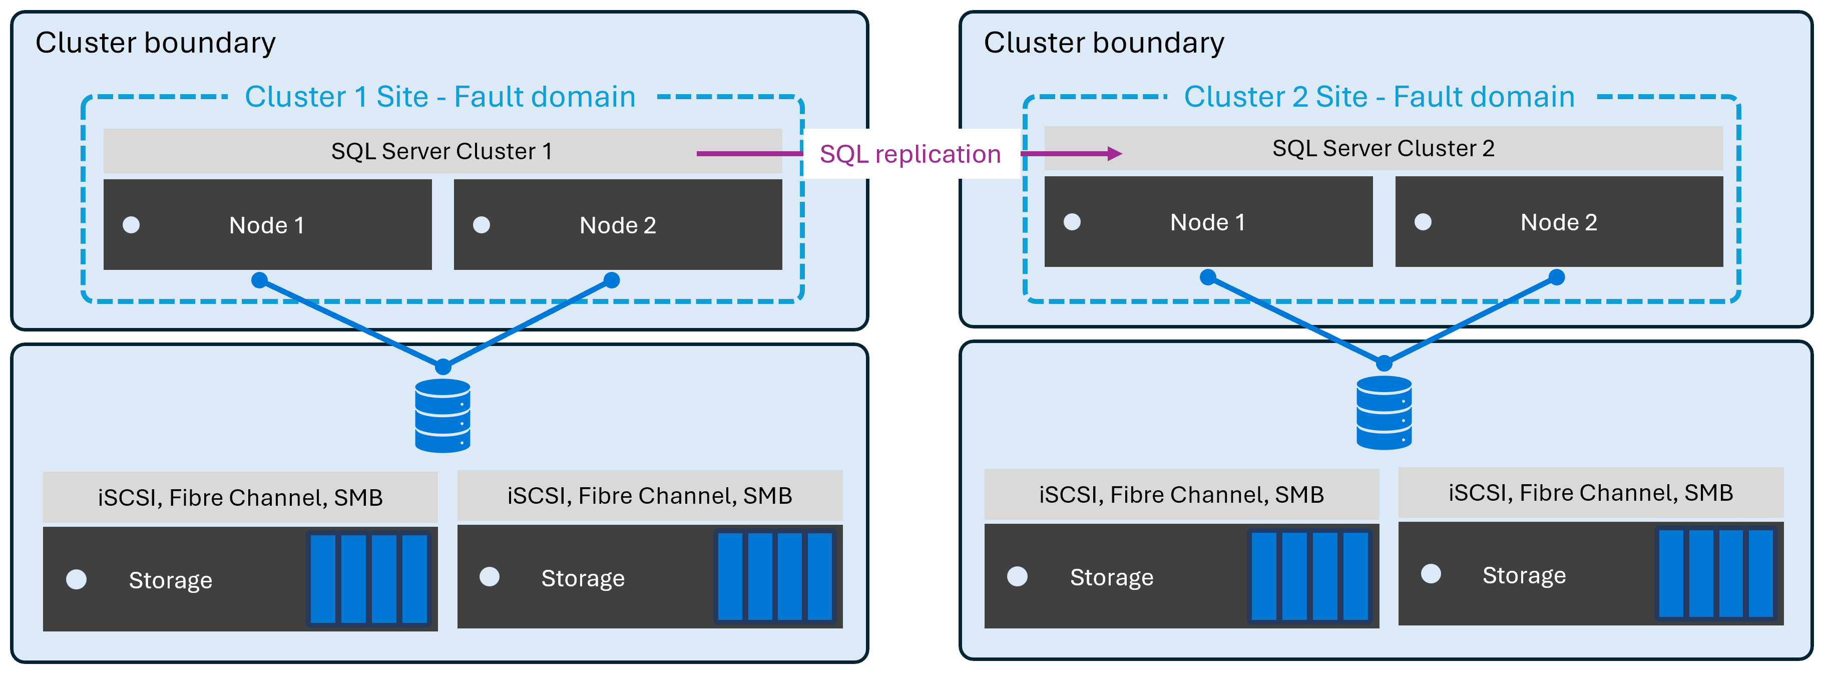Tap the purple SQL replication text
pos(910,154)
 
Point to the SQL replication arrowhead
pos(1115,154)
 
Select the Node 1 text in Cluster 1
pos(266,225)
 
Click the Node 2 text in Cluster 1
pos(618,225)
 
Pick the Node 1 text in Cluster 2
pos(1207,222)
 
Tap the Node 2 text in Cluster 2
pos(1559,222)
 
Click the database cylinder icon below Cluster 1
pos(442,416)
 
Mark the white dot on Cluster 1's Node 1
pos(131,225)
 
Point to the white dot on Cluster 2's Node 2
pos(1423,222)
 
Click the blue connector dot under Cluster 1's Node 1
pos(260,280)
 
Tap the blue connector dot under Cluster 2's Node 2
pos(1556,277)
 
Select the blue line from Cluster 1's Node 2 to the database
pos(528,323)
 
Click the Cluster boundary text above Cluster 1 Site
pos(155,43)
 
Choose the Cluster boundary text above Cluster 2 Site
pos(1103,43)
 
